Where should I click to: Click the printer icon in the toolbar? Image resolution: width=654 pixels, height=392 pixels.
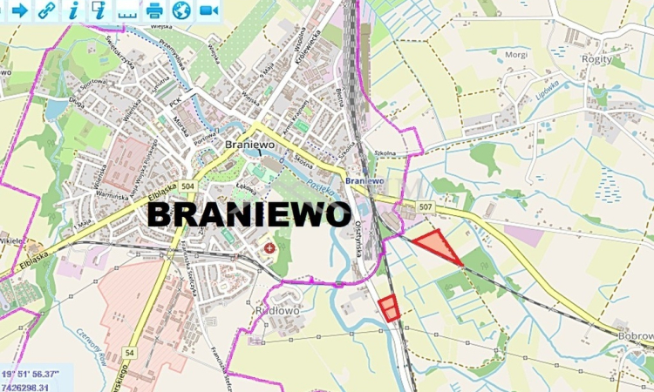[154, 10]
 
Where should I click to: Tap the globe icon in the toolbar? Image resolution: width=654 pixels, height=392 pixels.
[181, 10]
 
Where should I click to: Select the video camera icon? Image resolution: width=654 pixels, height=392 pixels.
[208, 10]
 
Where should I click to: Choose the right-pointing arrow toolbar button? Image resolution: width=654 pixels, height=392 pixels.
[18, 10]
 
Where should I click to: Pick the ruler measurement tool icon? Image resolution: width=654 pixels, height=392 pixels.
[127, 12]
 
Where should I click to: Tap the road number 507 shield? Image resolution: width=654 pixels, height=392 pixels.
[425, 206]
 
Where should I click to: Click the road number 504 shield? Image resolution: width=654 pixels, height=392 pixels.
[189, 186]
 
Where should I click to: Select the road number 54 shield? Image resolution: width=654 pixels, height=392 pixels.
[129, 351]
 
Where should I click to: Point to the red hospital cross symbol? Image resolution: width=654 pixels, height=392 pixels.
[269, 248]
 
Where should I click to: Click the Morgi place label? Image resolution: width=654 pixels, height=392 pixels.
[516, 54]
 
